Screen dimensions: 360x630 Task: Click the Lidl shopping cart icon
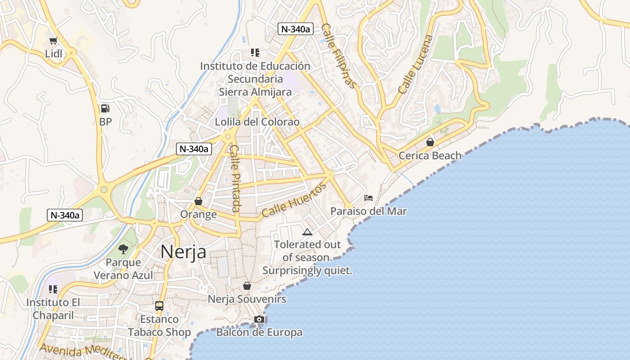[54, 41]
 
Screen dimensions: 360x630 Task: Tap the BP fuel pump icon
[105, 108]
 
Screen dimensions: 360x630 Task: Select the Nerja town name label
[183, 252]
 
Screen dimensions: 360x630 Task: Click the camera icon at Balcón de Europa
[259, 319]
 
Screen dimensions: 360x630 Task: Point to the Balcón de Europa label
[259, 333]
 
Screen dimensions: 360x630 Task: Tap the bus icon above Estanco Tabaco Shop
[159, 306]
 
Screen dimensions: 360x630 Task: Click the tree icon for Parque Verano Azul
[123, 249]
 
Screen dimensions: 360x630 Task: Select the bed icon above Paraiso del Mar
[369, 198]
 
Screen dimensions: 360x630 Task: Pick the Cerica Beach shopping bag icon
[430, 142]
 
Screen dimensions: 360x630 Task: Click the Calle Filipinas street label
[340, 56]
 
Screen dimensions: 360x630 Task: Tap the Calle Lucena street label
[415, 65]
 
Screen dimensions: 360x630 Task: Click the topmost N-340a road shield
[295, 29]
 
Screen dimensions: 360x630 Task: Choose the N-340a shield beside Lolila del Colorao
[194, 149]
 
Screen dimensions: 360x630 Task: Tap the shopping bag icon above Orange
[198, 201]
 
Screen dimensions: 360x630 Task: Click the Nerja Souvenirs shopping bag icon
[247, 286]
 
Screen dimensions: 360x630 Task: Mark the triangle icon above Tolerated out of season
[307, 232]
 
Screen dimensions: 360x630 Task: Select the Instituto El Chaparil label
[53, 309]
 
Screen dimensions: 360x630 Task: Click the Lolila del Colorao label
[257, 122]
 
